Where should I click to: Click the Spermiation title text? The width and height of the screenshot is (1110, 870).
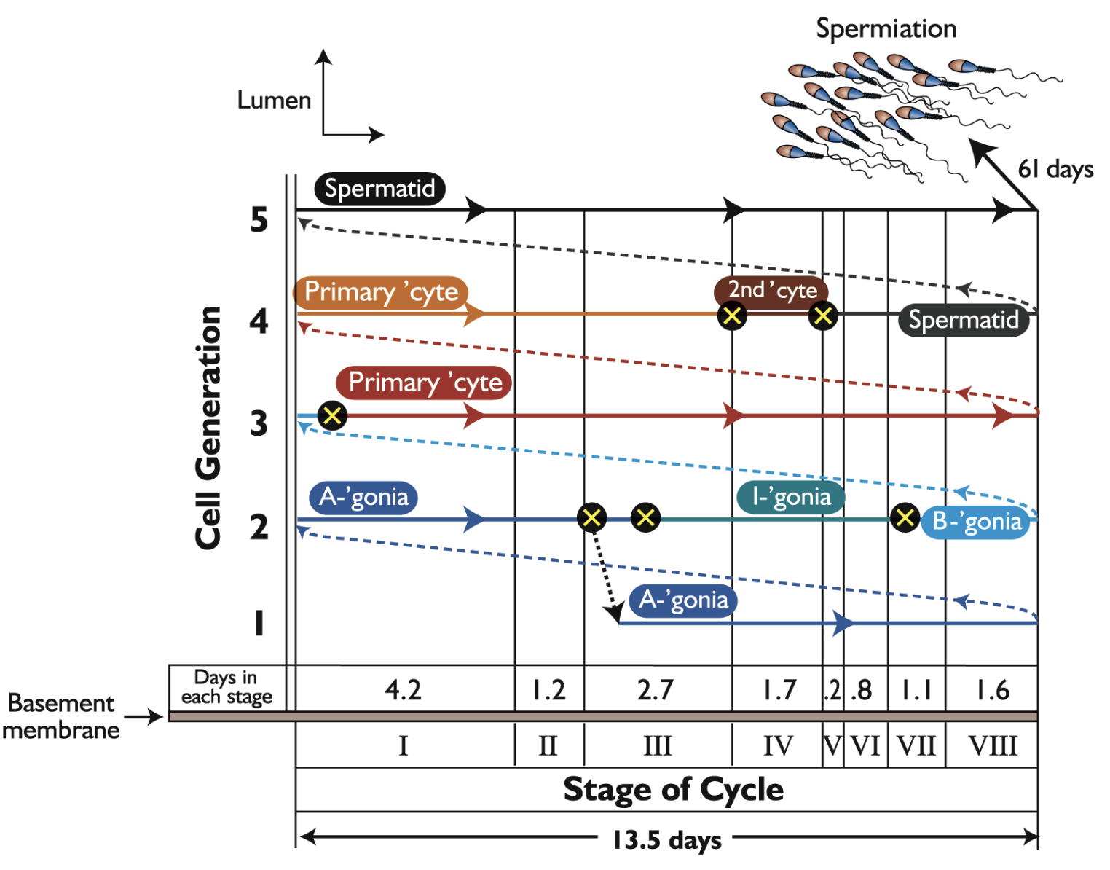click(x=886, y=28)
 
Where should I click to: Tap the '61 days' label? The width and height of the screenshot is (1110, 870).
click(x=1055, y=169)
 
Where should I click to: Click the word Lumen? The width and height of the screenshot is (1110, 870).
click(x=274, y=100)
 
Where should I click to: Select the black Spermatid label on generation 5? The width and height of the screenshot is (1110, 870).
click(x=379, y=189)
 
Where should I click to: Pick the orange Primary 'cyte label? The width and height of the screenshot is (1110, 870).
click(x=381, y=291)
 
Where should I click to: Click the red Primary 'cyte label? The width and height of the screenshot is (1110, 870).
click(x=425, y=383)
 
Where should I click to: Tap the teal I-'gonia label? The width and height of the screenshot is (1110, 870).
click(x=791, y=497)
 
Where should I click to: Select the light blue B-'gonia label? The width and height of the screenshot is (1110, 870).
click(x=977, y=522)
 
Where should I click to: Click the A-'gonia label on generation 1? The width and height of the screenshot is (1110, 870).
click(x=683, y=600)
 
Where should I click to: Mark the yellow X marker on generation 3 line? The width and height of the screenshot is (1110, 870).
click(x=332, y=415)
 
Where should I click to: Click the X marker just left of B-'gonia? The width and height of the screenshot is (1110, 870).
click(x=905, y=518)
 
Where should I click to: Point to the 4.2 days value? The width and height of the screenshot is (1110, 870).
click(x=403, y=689)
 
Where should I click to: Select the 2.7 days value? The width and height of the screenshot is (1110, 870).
click(x=656, y=689)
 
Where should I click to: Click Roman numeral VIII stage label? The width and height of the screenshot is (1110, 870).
click(x=992, y=746)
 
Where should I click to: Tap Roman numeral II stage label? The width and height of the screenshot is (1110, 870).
click(x=548, y=746)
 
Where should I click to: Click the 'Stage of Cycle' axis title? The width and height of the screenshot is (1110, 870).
click(x=673, y=789)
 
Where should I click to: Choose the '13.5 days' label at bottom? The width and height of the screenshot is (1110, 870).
click(x=666, y=839)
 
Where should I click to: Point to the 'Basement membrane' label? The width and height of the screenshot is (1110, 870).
click(x=61, y=716)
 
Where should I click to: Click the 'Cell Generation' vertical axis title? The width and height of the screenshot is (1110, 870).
click(x=208, y=428)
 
